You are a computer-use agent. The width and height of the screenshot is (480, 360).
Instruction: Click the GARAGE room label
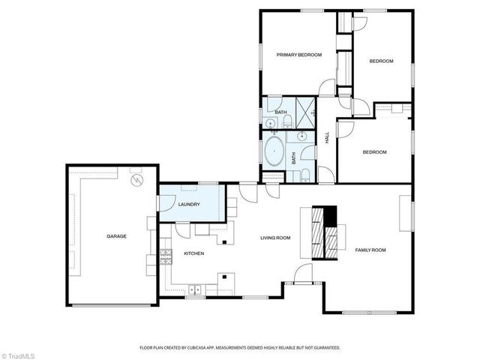pyautogui.click(x=116, y=236)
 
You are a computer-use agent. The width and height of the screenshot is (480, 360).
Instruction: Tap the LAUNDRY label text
pyautogui.click(x=188, y=205)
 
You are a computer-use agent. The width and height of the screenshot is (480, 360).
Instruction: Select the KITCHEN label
pyautogui.click(x=194, y=253)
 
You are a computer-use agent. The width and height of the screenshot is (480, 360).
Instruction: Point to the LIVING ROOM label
pyautogui.click(x=275, y=238)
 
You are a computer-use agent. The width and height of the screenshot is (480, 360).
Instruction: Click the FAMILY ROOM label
pyautogui.click(x=370, y=250)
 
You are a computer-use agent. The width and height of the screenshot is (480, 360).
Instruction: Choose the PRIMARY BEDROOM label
pyautogui.click(x=299, y=55)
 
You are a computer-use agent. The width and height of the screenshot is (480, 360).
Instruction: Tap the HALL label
pyautogui.click(x=327, y=138)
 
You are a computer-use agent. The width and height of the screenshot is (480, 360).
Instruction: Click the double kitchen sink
pyautogui.click(x=195, y=289)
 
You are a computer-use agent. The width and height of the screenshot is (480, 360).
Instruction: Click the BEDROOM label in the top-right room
pyautogui.click(x=382, y=61)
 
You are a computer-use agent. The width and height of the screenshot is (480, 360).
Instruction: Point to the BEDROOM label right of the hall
pyautogui.click(x=374, y=152)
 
